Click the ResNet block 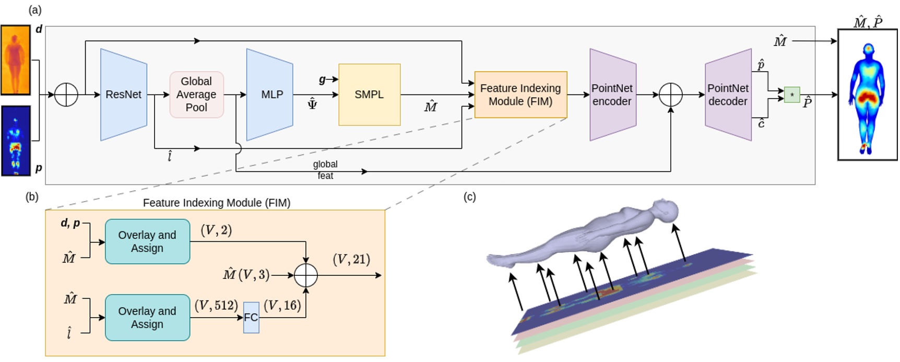(x=123, y=95)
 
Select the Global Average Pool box (x=196, y=95)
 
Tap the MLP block (x=270, y=95)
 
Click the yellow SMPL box (x=369, y=95)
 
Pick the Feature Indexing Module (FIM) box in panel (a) (x=520, y=95)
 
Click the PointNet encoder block (x=612, y=95)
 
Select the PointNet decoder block (x=728, y=95)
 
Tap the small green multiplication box (x=791, y=95)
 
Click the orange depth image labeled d (x=15, y=60)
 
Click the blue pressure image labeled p (x=15, y=141)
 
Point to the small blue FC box (x=251, y=318)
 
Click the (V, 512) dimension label (x=216, y=306)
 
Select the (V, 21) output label (x=351, y=260)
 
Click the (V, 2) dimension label (x=216, y=230)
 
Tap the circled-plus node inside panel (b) (x=305, y=275)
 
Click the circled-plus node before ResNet (x=66, y=95)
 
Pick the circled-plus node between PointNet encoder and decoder (x=671, y=95)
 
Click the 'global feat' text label (x=325, y=170)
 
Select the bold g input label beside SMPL (x=322, y=79)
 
